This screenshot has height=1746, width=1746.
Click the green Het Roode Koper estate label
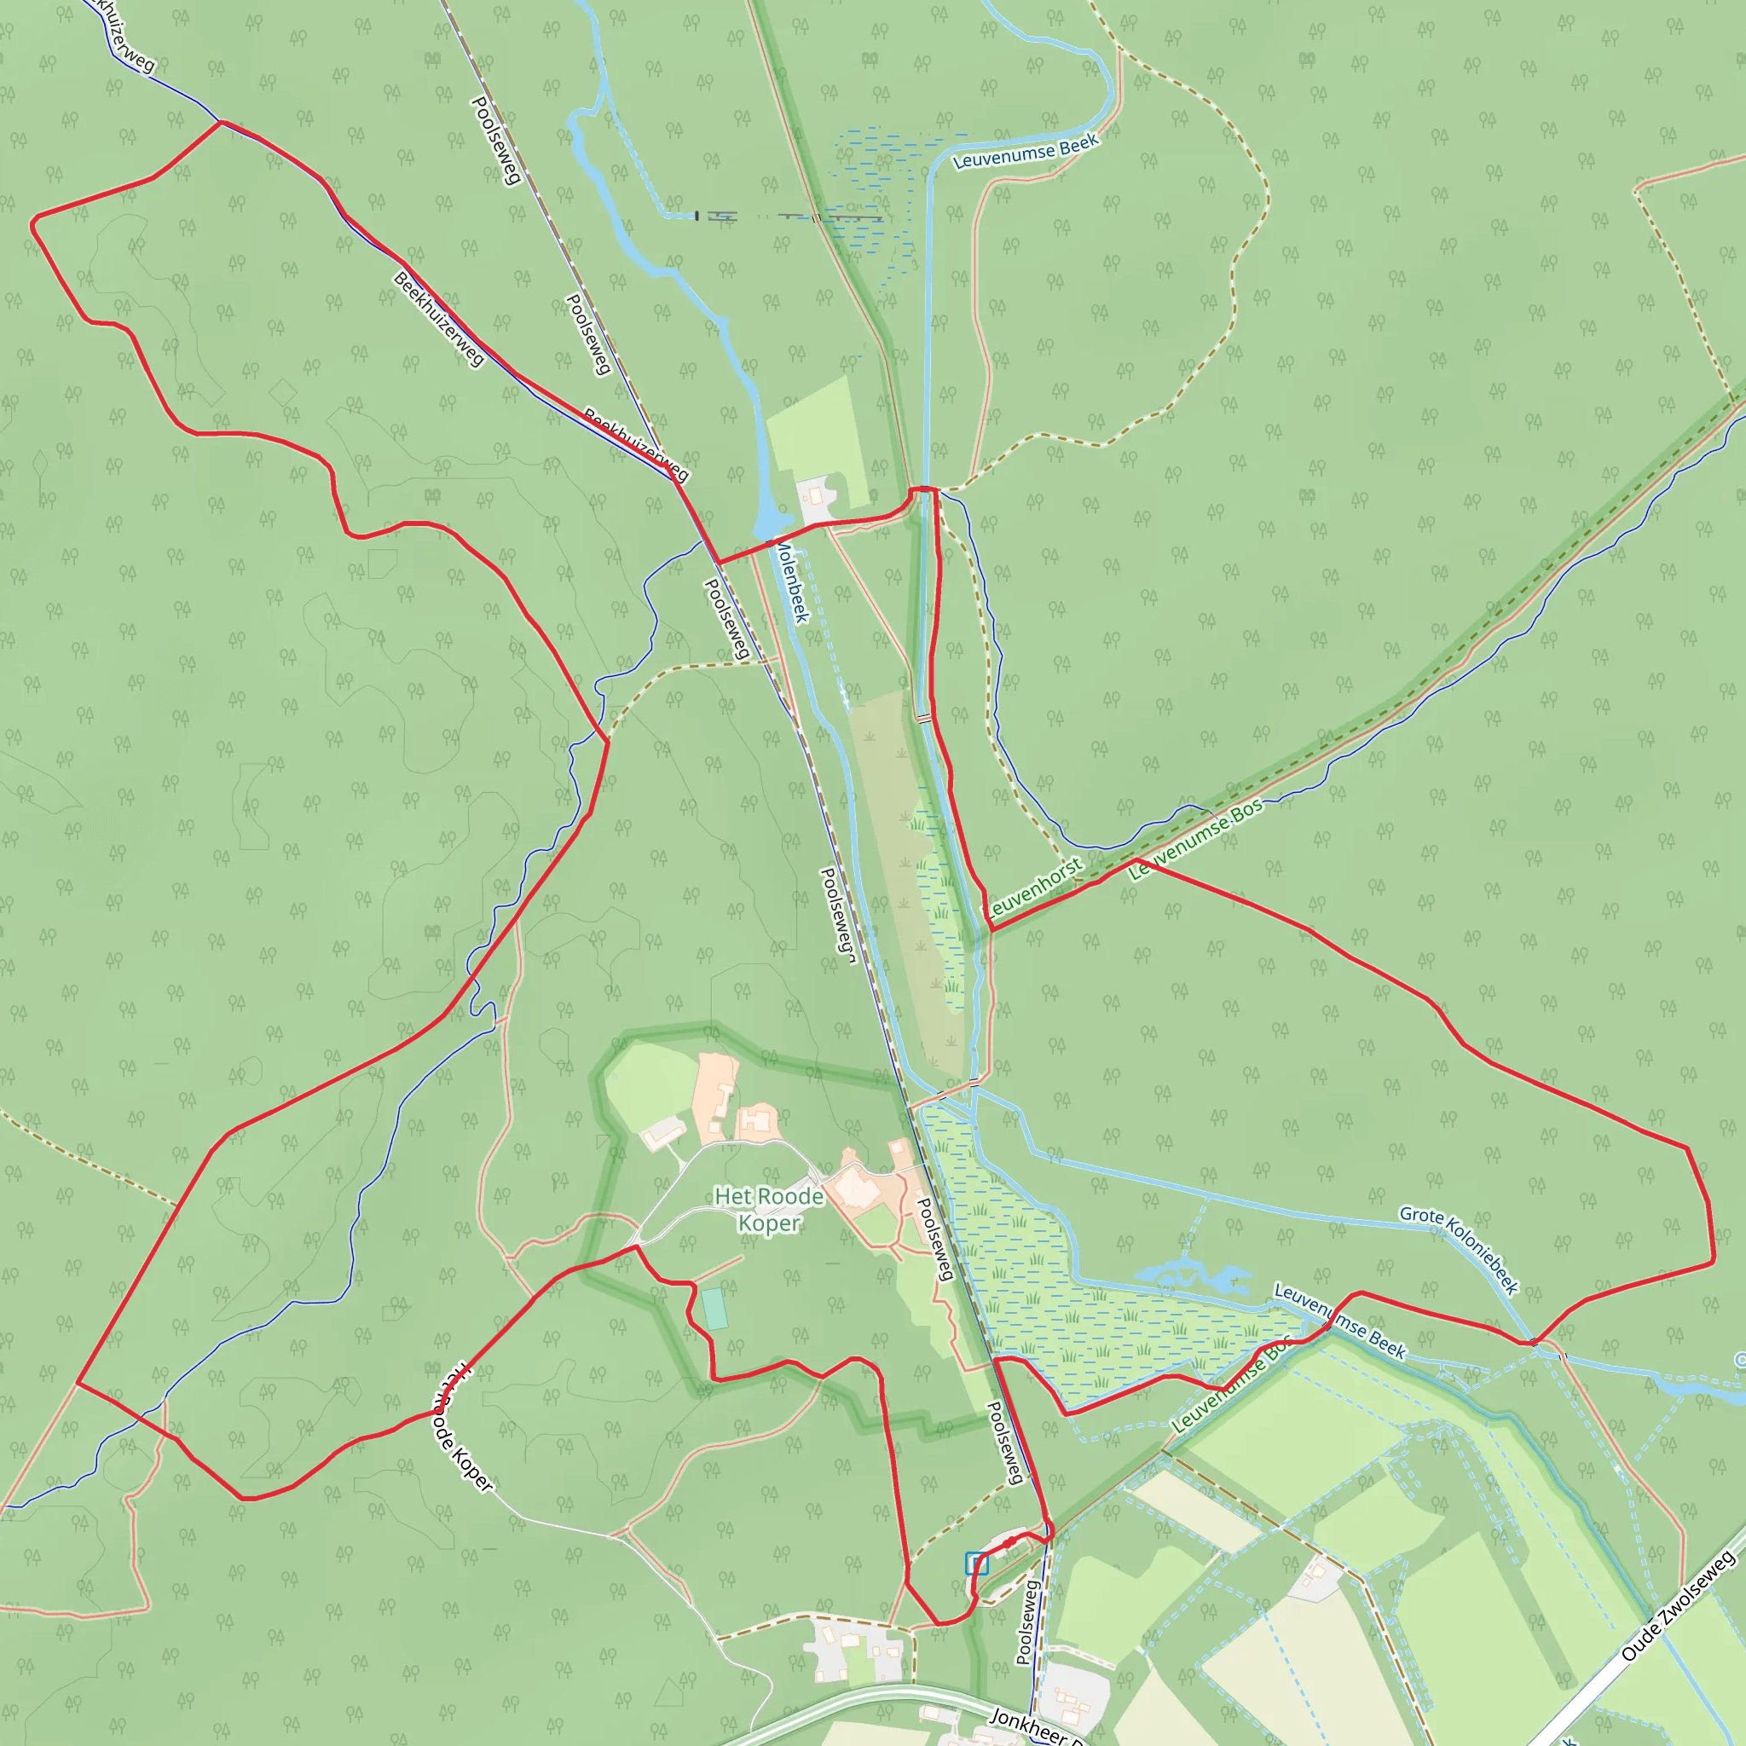769,1209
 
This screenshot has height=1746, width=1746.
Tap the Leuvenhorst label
1035,887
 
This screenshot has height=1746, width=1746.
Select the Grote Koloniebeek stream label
1459,1249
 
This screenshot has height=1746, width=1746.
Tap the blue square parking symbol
976,1563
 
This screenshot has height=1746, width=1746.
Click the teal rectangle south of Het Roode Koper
714,1309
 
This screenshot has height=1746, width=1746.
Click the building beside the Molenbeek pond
816,495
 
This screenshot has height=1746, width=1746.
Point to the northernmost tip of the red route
222,122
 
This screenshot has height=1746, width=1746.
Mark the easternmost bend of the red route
1713,1262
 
